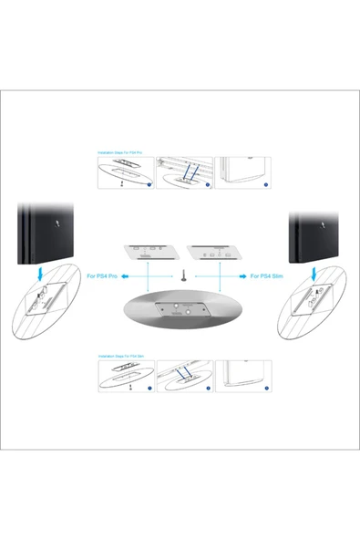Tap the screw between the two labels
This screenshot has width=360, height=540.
(x=182, y=275)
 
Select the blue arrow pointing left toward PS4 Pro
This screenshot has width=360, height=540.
(x=133, y=275)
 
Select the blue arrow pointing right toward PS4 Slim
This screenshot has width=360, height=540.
(x=232, y=275)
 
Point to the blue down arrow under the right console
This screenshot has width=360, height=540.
(x=315, y=274)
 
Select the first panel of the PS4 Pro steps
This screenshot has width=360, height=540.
(x=126, y=172)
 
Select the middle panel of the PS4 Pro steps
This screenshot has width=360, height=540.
(x=184, y=172)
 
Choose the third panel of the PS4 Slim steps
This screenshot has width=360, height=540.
(x=243, y=376)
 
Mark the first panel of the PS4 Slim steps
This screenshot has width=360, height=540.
(x=126, y=376)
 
